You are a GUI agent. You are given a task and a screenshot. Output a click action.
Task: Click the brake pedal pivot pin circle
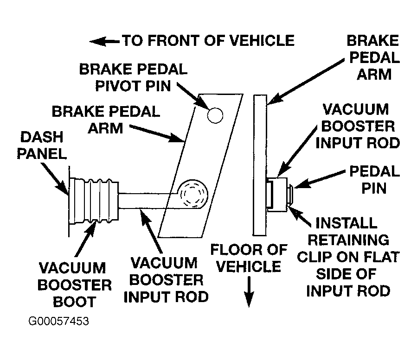click(x=215, y=115)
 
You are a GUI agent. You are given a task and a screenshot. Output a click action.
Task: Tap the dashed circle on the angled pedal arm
click(x=194, y=194)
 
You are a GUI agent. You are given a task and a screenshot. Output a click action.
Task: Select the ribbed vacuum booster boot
click(x=94, y=201)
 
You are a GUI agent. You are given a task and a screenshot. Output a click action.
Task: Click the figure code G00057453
click(x=58, y=321)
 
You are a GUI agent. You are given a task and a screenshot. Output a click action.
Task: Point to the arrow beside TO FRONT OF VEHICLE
click(x=104, y=41)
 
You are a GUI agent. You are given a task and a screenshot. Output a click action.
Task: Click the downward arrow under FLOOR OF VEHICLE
click(x=249, y=292)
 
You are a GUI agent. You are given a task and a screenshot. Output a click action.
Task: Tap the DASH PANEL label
click(x=42, y=145)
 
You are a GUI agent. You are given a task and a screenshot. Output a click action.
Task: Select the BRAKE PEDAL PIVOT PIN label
click(x=134, y=77)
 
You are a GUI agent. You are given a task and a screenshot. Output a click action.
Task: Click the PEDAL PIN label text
click(x=374, y=180)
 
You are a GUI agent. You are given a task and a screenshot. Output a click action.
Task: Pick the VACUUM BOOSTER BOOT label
click(x=75, y=285)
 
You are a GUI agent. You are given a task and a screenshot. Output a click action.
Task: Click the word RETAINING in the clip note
click(x=348, y=240)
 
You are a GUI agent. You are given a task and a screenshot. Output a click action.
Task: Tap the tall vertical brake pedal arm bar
click(x=260, y=165)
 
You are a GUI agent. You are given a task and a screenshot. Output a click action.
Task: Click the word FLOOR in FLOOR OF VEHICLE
click(x=231, y=250)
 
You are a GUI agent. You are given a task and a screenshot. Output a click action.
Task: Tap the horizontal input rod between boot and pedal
click(x=148, y=201)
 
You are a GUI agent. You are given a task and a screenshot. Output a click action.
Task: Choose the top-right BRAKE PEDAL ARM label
click(x=373, y=57)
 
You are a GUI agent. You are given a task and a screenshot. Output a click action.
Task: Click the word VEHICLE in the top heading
click(x=262, y=41)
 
